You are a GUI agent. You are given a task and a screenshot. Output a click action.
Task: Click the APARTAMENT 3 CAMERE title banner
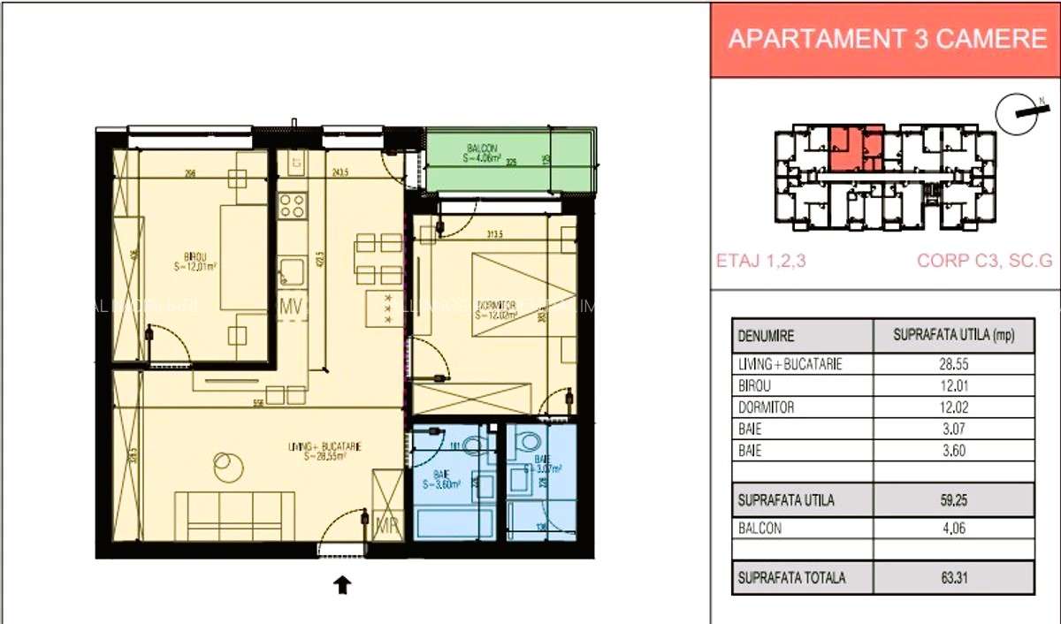tap(886, 40)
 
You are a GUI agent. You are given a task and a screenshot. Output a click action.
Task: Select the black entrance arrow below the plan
tap(342, 584)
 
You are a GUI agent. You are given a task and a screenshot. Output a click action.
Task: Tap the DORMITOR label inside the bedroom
tap(493, 305)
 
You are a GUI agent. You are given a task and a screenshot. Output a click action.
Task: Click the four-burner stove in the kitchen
tap(292, 205)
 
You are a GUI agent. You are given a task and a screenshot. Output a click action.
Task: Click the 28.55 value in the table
tap(953, 364)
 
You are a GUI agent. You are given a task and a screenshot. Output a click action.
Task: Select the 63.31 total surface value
tap(953, 578)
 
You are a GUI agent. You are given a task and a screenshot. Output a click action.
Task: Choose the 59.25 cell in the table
tap(953, 500)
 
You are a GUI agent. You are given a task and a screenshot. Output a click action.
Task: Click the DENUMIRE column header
tap(766, 336)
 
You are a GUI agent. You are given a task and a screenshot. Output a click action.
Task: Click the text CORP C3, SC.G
tap(983, 262)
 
